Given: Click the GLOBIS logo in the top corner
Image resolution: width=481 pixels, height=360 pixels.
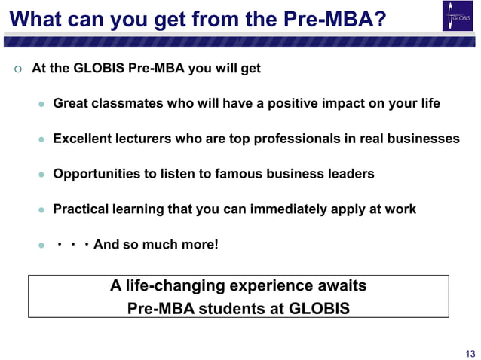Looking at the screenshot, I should pyautogui.click(x=457, y=17).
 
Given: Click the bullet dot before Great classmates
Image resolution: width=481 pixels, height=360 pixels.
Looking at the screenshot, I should pyautogui.click(x=42, y=104).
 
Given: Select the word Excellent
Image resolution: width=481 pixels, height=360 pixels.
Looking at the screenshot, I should pyautogui.click(x=82, y=139).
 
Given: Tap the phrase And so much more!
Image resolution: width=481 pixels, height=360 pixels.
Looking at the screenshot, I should pyautogui.click(x=156, y=245).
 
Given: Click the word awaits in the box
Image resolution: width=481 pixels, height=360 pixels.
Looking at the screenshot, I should pyautogui.click(x=344, y=286).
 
